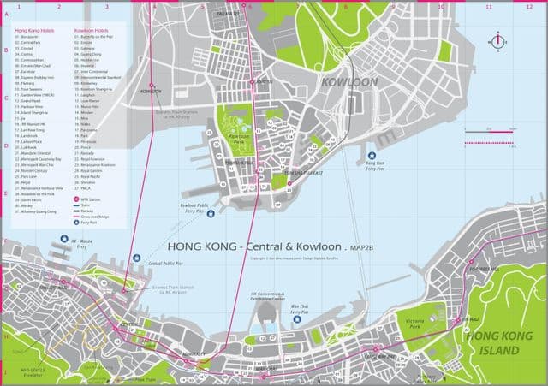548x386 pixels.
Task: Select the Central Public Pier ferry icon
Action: coord(136,257)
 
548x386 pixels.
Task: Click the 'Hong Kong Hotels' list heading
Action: coord(32,28)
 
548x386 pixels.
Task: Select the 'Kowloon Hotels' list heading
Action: coord(91,28)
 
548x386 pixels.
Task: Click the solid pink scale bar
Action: coord(488,143)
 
